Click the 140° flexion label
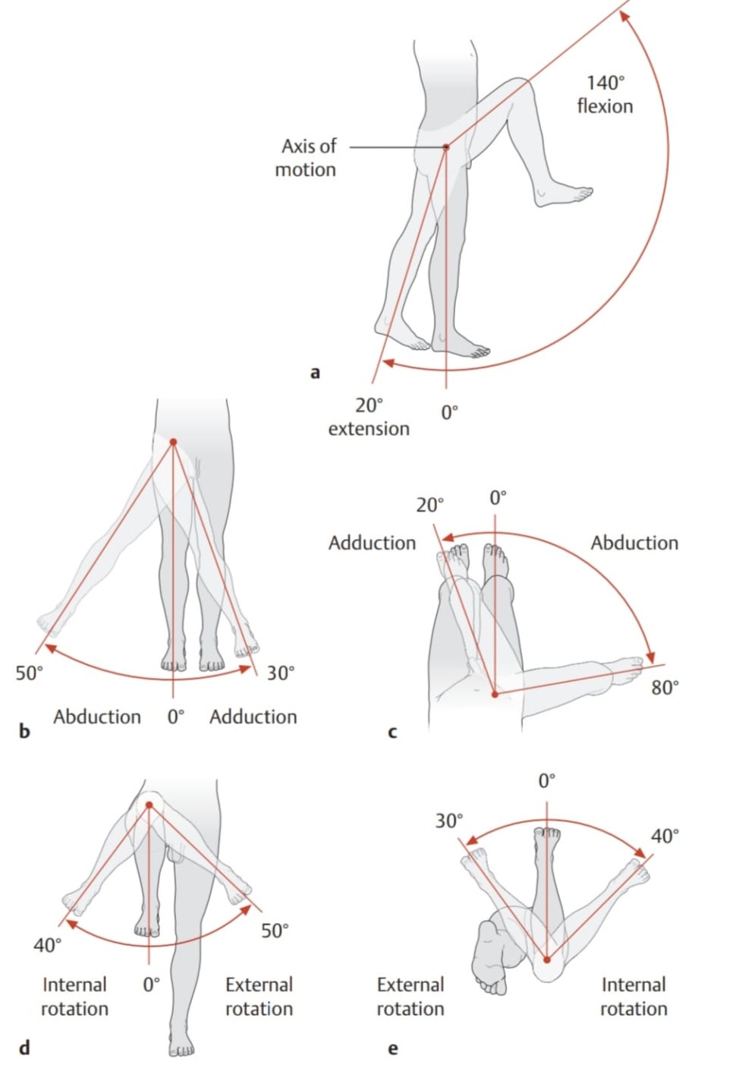pyautogui.click(x=605, y=94)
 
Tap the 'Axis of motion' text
pyautogui.click(x=307, y=157)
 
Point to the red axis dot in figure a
pyautogui.click(x=446, y=147)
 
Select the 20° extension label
pyautogui.click(x=369, y=417)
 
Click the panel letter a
pyautogui.click(x=316, y=372)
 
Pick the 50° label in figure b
pyautogui.click(x=30, y=673)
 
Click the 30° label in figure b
pyautogui.click(x=280, y=673)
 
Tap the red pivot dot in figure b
pyautogui.click(x=173, y=442)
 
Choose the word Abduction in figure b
pyautogui.click(x=97, y=717)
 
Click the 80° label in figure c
pyautogui.click(x=665, y=688)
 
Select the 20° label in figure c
pyautogui.click(x=429, y=505)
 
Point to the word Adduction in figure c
pyautogui.click(x=372, y=543)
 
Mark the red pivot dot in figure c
pyautogui.click(x=495, y=694)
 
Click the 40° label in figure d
pyautogui.click(x=47, y=945)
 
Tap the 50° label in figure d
pyautogui.click(x=275, y=931)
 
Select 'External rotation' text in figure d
pyautogui.click(x=259, y=997)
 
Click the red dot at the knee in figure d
pyautogui.click(x=149, y=805)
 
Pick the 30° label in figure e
pyautogui.click(x=448, y=821)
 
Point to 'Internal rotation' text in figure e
pyautogui.click(x=634, y=997)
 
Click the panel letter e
pyautogui.click(x=392, y=1049)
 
